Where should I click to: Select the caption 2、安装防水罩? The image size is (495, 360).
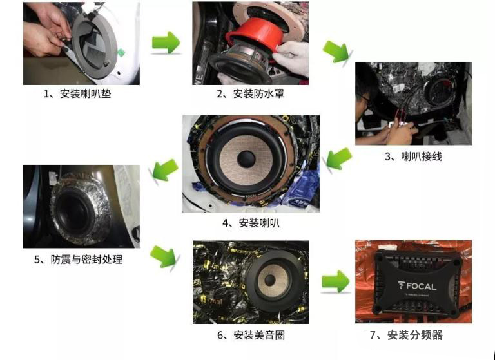(x=250, y=94)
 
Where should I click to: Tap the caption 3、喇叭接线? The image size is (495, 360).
(x=413, y=156)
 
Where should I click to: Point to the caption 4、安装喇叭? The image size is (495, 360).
(x=251, y=223)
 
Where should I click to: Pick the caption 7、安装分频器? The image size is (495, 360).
(x=415, y=335)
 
